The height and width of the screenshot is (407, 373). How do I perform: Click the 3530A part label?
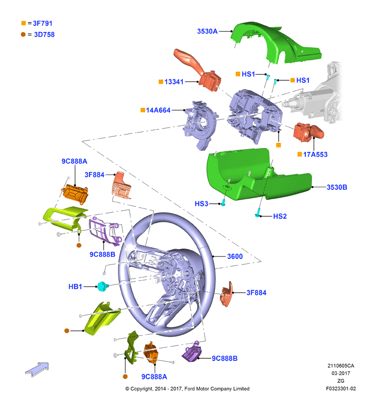pyautogui.click(x=207, y=32)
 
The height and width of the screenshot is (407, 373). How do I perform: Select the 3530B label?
pyautogui.click(x=337, y=187)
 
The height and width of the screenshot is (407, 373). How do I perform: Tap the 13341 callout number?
pyautogui.click(x=174, y=82)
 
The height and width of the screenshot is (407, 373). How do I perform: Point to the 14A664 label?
pyautogui.click(x=158, y=110)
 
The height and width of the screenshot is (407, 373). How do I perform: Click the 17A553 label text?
pyautogui.click(x=315, y=155)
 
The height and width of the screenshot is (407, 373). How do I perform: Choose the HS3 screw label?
pyautogui.click(x=201, y=204)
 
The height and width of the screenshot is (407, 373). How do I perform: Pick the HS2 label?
pyautogui.click(x=280, y=216)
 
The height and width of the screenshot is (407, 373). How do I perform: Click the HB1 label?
pyautogui.click(x=75, y=287)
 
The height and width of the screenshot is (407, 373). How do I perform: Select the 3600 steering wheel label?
pyautogui.click(x=235, y=256)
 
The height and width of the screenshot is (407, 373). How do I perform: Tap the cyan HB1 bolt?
pyautogui.click(x=102, y=286)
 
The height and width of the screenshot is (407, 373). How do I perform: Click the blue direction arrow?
pyautogui.click(x=37, y=369)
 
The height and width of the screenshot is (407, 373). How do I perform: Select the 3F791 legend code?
pyautogui.click(x=43, y=24)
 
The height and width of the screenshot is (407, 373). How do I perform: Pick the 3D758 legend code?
pyautogui.click(x=44, y=35)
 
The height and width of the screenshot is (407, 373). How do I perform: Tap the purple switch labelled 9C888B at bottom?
pyautogui.click(x=192, y=352)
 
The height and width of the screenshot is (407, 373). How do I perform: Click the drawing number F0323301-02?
pyautogui.click(x=341, y=388)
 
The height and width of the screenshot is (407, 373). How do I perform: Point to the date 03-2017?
pyautogui.click(x=341, y=373)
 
